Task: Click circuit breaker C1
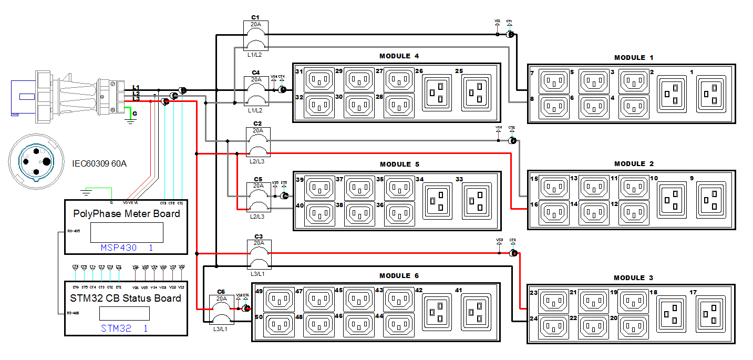coord(256,36)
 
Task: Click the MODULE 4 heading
coord(399,56)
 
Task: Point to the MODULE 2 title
coord(634,164)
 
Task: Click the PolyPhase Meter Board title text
coord(126,213)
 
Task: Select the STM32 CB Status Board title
coord(126,298)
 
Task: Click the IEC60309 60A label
coord(99,163)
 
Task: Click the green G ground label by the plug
coord(135,113)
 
